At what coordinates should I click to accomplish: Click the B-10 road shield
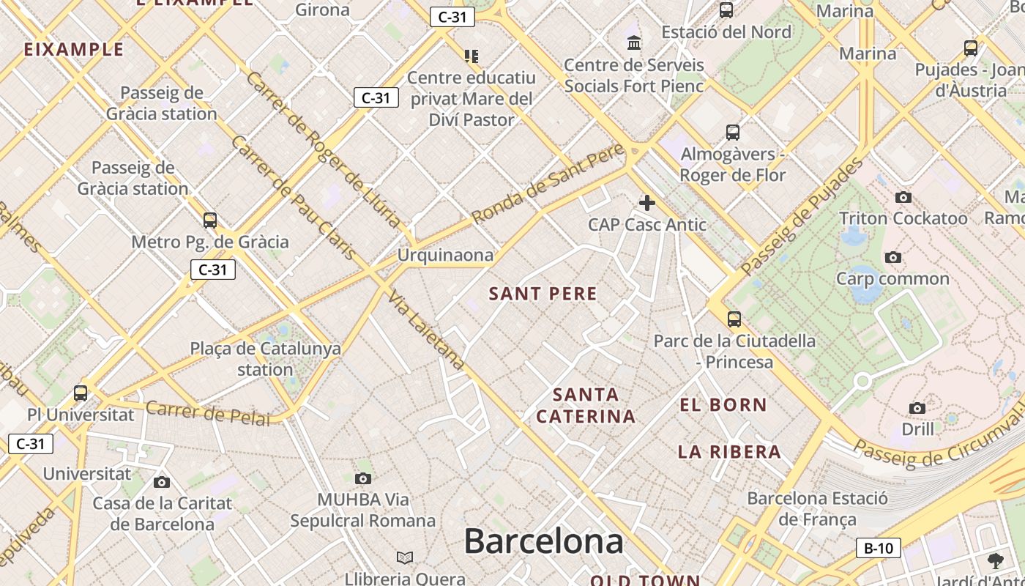tap(878, 548)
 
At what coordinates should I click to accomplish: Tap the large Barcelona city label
tap(543, 542)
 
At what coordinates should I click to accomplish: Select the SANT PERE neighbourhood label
tap(543, 294)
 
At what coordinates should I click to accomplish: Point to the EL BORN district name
tap(723, 405)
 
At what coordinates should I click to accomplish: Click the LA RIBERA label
tap(729, 452)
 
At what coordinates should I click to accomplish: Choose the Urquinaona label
tap(445, 256)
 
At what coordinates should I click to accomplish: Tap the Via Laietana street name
tap(427, 330)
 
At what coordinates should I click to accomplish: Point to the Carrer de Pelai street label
tap(208, 413)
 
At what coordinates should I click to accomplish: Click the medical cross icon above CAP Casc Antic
tap(647, 202)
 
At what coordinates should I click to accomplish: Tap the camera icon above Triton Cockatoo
tap(903, 197)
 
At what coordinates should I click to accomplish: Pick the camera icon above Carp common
tap(892, 257)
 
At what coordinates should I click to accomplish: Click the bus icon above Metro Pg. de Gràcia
tap(210, 220)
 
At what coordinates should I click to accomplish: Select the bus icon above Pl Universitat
tap(81, 393)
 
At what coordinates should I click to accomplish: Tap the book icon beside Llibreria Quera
tap(405, 558)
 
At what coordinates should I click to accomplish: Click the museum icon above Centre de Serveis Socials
tap(634, 43)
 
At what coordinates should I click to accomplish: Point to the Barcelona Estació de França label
tap(817, 509)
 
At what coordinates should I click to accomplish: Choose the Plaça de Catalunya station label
tap(265, 359)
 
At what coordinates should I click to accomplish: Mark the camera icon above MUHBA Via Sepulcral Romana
tap(362, 479)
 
